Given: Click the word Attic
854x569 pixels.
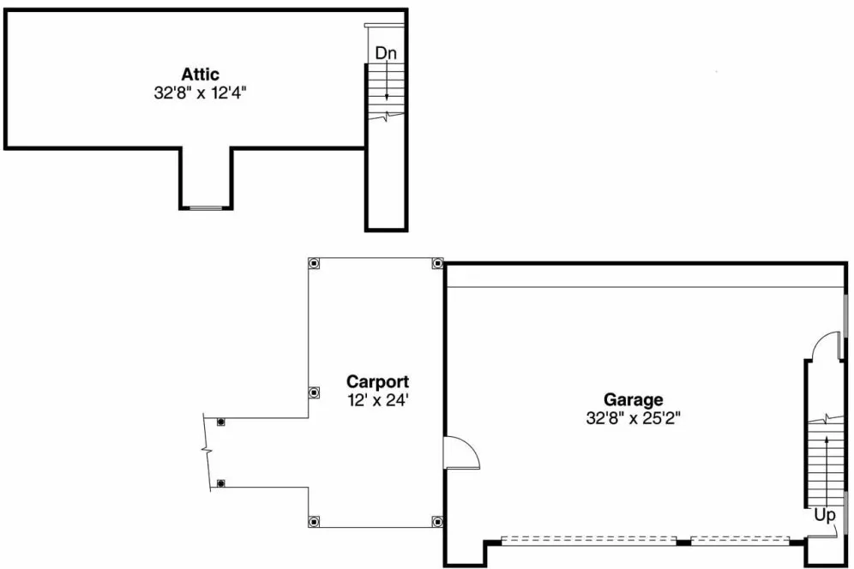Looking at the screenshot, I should (200, 75).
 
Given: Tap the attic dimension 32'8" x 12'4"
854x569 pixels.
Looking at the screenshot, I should (200, 93).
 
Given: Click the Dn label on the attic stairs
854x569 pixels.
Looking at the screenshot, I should (386, 53).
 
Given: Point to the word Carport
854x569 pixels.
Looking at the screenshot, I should (377, 382).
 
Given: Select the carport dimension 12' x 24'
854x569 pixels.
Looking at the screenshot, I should (377, 399).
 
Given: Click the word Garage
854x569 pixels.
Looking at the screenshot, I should (634, 399).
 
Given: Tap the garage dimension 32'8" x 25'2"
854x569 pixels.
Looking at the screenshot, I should (634, 418).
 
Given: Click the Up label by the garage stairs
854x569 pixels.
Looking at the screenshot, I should (824, 516).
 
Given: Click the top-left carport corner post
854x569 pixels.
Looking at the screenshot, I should (315, 263).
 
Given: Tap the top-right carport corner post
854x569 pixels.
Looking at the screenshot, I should (437, 263).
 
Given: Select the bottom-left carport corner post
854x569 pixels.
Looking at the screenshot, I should (315, 521).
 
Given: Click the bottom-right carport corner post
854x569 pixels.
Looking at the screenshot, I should (437, 521).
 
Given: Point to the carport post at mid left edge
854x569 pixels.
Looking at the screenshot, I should (315, 392).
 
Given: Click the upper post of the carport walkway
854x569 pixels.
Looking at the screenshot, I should (221, 422).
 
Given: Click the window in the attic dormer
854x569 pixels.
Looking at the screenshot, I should (206, 208).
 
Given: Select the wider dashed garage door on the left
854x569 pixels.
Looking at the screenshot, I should (588, 540).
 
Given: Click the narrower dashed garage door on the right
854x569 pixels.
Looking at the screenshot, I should (739, 540).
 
